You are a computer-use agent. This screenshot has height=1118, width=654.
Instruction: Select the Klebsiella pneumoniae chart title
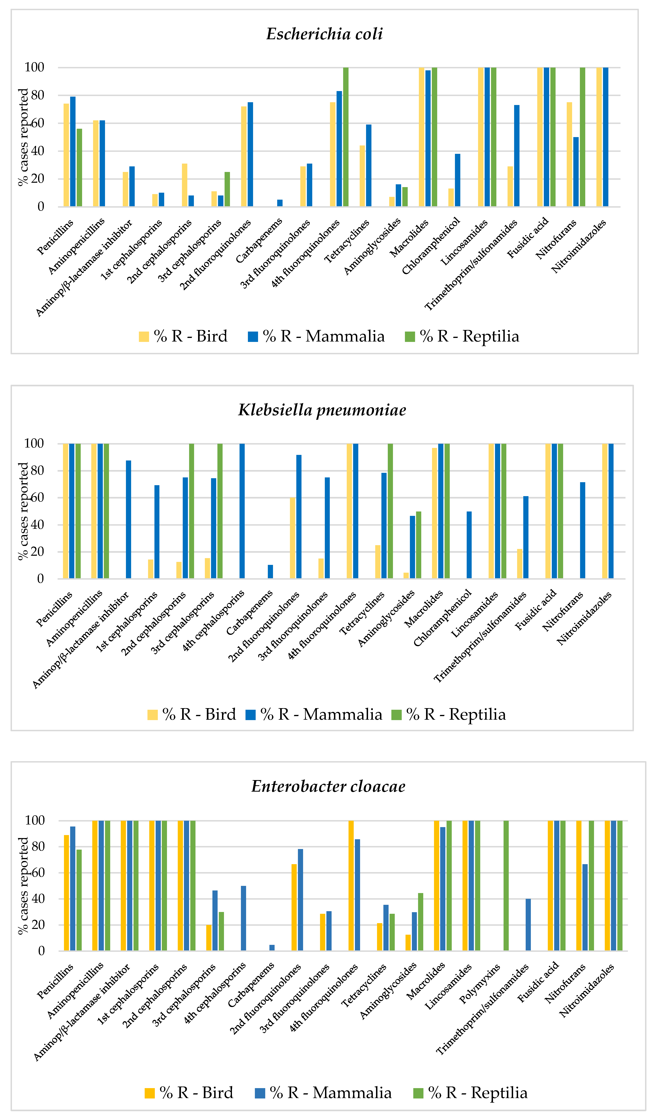coord(322,410)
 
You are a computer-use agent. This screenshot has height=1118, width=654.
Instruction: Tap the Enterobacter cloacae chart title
coord(328,786)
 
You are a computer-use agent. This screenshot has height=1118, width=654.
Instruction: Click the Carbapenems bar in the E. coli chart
coord(280,203)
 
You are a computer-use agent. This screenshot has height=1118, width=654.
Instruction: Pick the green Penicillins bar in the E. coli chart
coord(80,168)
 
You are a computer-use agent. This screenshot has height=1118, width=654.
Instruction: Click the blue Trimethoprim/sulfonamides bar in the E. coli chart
coord(517,156)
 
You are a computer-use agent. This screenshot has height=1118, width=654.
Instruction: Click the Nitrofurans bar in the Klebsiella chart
coord(583,530)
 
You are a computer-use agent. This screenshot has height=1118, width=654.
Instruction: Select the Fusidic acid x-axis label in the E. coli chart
coord(528,237)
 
